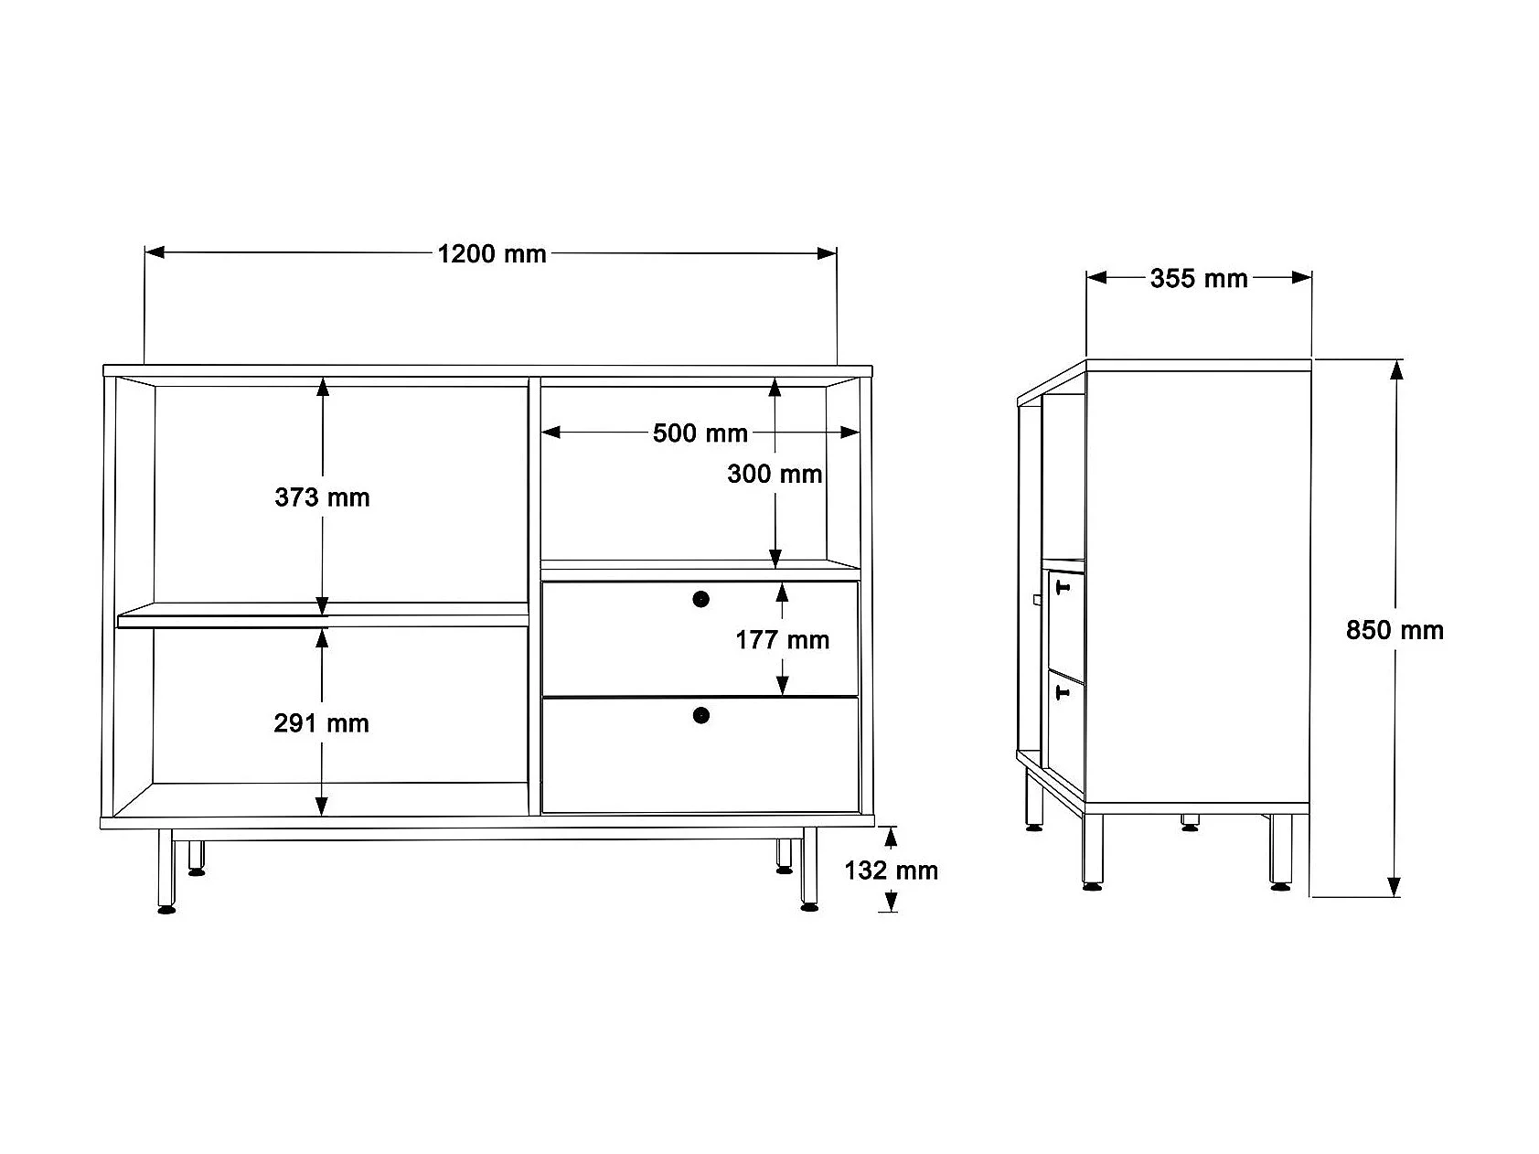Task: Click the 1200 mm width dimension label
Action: [492, 254]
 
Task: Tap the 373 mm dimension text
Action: [322, 497]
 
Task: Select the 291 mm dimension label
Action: [321, 723]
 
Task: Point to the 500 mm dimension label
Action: [700, 433]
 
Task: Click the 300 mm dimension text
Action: [775, 474]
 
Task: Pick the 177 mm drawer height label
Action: [782, 640]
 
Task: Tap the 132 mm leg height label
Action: [891, 870]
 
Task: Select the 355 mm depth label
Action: [1198, 278]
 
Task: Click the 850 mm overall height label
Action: [1395, 630]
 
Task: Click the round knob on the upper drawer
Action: [700, 600]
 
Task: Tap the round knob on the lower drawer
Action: [700, 715]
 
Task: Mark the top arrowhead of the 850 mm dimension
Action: [1395, 369]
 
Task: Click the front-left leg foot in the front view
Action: [166, 909]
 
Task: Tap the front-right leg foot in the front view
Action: [808, 907]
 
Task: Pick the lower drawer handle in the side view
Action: [1063, 694]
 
